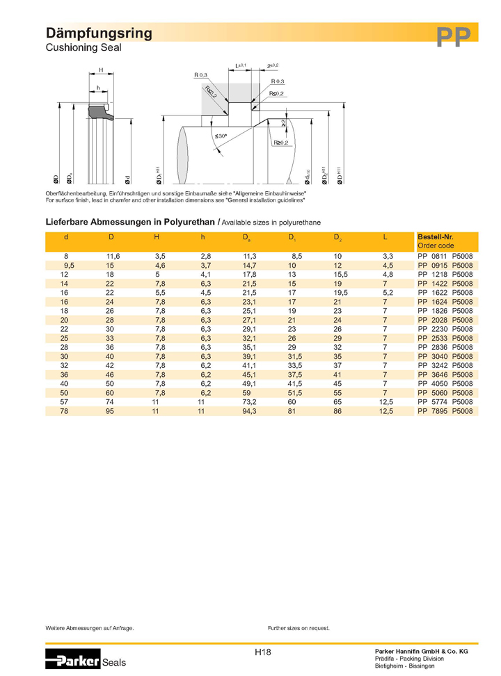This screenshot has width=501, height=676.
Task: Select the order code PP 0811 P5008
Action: pos(445,257)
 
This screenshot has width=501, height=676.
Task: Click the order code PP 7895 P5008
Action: pos(445,411)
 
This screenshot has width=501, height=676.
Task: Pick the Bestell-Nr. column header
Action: pos(435,237)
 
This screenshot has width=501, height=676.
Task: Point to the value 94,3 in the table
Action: pos(250,411)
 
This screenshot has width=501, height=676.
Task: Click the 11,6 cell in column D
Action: pos(113,257)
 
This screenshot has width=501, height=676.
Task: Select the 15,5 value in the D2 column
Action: pos(340,275)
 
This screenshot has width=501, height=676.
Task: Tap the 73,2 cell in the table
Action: pos(250,402)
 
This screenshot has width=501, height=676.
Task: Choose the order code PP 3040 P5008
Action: pos(445,357)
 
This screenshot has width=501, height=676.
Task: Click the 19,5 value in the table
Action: pos(340,293)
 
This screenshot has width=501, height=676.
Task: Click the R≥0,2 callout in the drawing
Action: pos(281,143)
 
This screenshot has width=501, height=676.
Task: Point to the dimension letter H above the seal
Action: pos(100,70)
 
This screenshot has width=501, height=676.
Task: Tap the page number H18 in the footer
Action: pos(263,652)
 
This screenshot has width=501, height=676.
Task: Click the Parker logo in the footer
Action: pos(73,659)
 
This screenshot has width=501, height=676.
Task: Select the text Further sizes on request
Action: pos(299,628)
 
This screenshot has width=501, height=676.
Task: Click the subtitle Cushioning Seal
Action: pos(83,48)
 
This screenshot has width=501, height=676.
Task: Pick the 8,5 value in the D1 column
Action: pos(296,257)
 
